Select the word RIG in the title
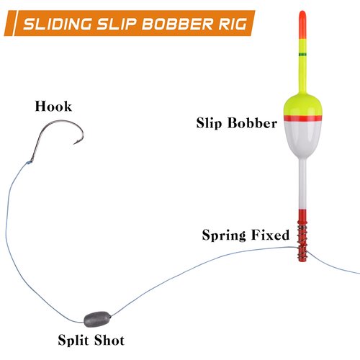click(233, 24)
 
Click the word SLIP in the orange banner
click(117, 24)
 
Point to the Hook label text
click(53, 106)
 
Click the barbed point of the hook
click(74, 144)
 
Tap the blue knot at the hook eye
click(29, 163)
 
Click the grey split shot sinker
click(97, 319)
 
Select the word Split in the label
click(73, 341)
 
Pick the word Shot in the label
click(109, 340)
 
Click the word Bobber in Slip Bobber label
click(252, 123)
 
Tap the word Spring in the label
click(224, 235)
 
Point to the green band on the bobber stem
click(302, 54)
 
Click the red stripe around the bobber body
click(302, 118)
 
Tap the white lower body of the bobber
click(302, 139)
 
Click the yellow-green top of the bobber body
click(302, 105)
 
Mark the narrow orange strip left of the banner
click(10, 23)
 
